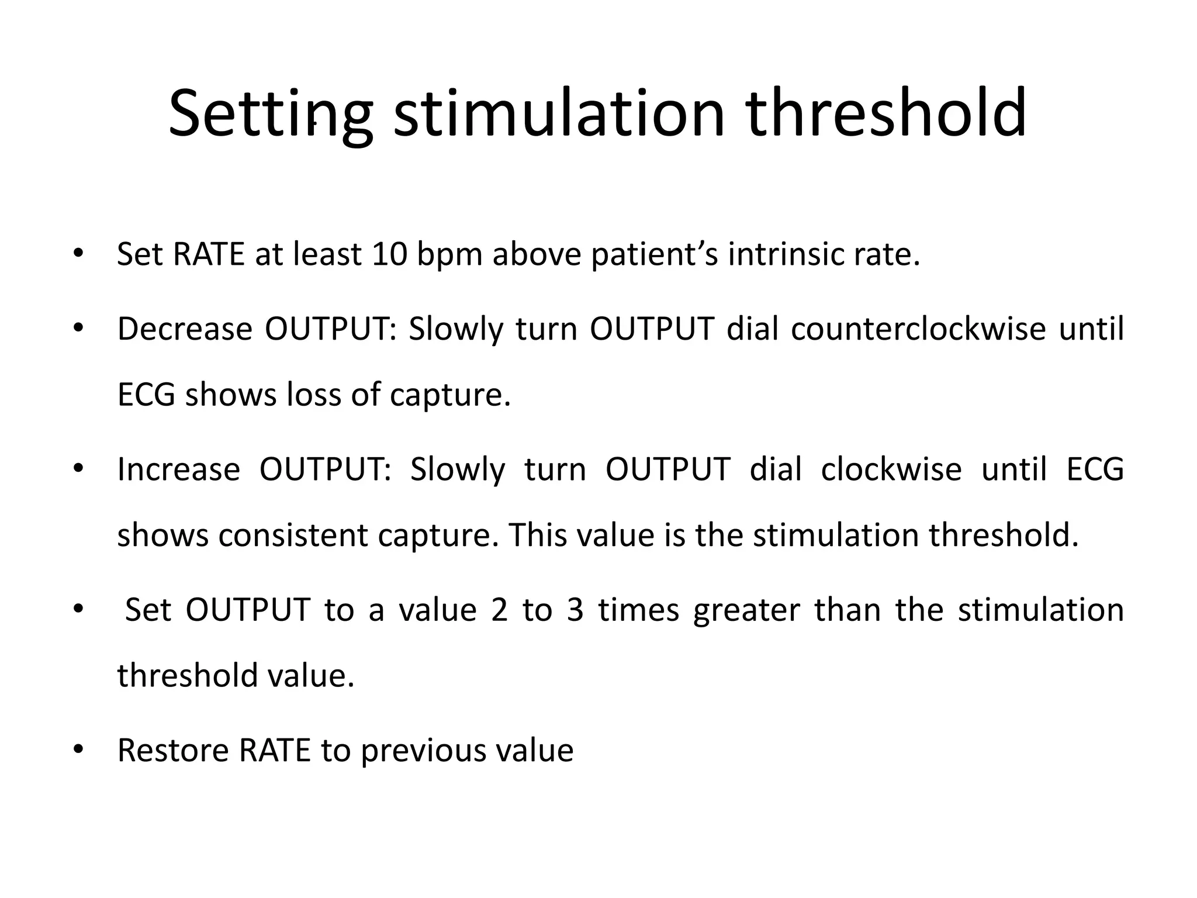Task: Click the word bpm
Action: (449, 255)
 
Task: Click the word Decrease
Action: (185, 329)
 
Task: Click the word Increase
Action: (178, 469)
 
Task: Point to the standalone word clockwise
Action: (891, 469)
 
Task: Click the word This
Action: (535, 535)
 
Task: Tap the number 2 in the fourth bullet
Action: (499, 610)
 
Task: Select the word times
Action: (638, 610)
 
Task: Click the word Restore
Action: (173, 750)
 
